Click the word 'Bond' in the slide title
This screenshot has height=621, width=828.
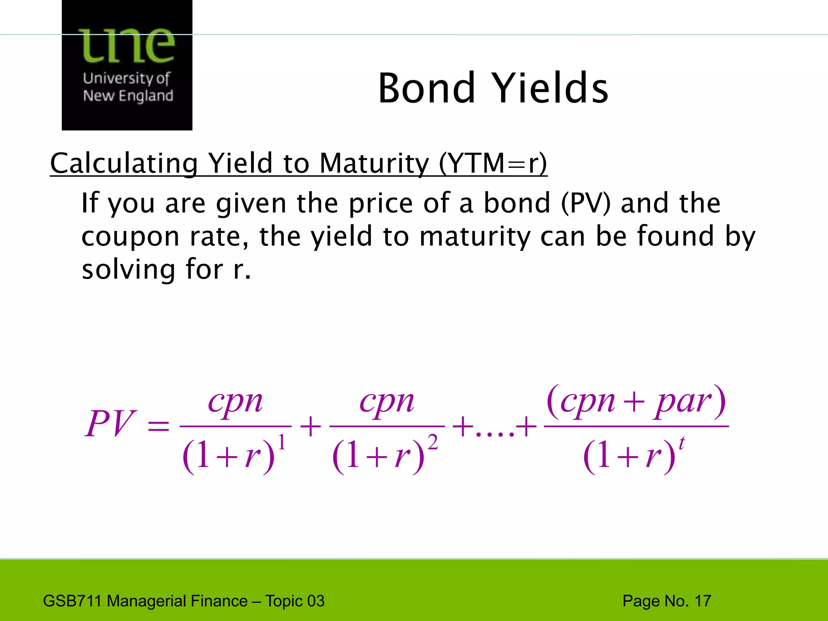[x=426, y=88]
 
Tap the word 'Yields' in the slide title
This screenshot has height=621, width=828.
[x=551, y=88]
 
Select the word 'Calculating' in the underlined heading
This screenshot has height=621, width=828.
[x=124, y=163]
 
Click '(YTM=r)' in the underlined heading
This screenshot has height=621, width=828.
[x=493, y=163]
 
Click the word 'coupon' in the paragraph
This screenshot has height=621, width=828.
[x=130, y=237]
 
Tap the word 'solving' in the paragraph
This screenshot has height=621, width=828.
[x=129, y=270]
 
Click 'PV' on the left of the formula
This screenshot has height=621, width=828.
[x=109, y=424]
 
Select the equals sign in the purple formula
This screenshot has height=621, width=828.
[x=158, y=426]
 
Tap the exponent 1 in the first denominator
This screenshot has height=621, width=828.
[x=282, y=442]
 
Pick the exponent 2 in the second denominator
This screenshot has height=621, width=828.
[x=433, y=442]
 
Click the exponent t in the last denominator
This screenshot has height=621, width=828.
[x=682, y=443]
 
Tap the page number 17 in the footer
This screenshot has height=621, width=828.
[x=703, y=601]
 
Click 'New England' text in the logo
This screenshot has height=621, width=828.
[x=128, y=96]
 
